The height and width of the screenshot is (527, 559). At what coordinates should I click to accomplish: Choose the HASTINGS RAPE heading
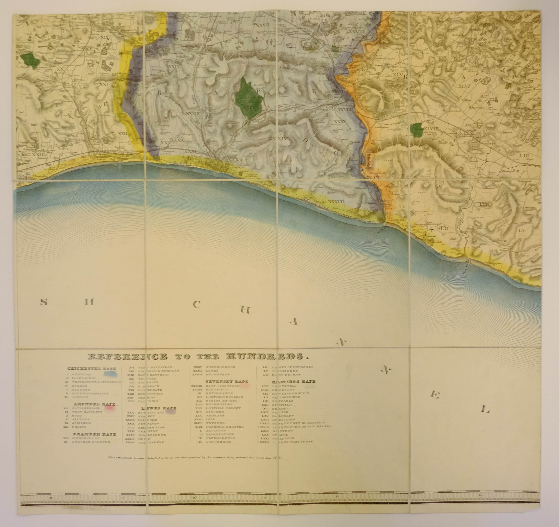tap(293, 381)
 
